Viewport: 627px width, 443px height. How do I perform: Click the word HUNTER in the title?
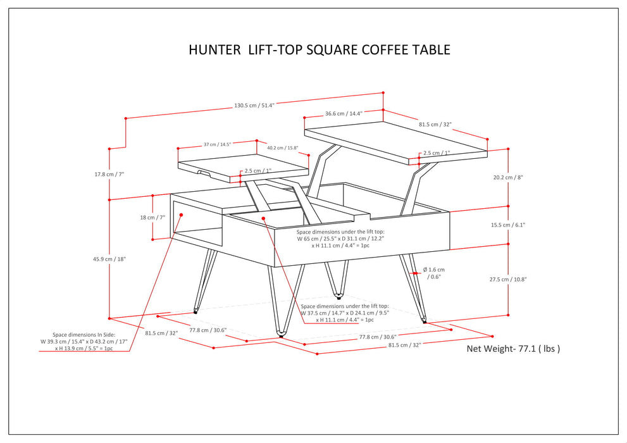click(x=214, y=50)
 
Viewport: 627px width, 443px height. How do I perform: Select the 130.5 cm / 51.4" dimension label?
click(x=254, y=106)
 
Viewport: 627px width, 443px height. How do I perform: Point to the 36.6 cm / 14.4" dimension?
click(x=343, y=114)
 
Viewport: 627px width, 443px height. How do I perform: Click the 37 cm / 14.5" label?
click(x=216, y=144)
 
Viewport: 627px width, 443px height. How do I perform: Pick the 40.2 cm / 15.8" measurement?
click(x=282, y=148)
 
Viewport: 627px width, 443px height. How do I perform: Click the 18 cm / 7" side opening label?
click(x=152, y=217)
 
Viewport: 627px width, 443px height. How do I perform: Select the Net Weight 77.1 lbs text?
click(x=513, y=348)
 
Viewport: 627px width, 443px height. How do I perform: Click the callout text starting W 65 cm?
click(x=340, y=239)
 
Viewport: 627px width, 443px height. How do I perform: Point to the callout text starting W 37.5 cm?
click(x=344, y=313)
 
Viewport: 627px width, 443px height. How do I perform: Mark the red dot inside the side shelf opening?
click(x=181, y=215)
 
